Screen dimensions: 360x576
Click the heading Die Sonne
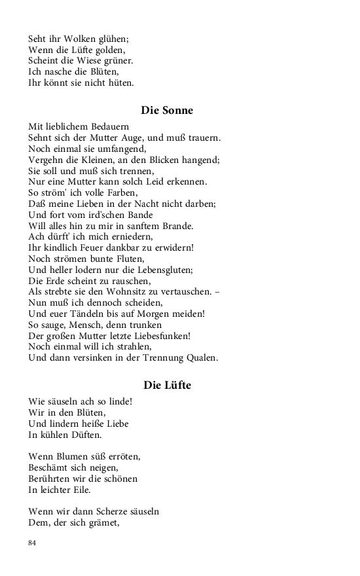167,111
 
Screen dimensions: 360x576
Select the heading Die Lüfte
167,385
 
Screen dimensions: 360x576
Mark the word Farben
119,192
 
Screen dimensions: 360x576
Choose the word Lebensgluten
162,270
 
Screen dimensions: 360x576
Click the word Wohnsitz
142,292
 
